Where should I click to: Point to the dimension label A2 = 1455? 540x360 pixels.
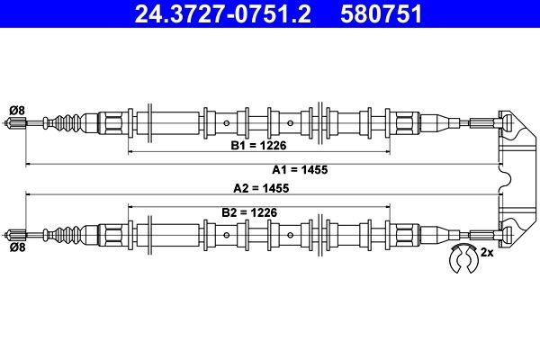[x=261, y=189]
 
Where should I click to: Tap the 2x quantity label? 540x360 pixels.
[x=487, y=253]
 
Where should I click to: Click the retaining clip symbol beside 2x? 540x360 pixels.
[x=464, y=258]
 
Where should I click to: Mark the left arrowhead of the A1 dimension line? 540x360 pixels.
[x=29, y=165]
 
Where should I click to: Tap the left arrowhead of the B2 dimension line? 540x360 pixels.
[x=131, y=206]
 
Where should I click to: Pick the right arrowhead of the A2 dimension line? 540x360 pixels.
[x=498, y=193]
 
